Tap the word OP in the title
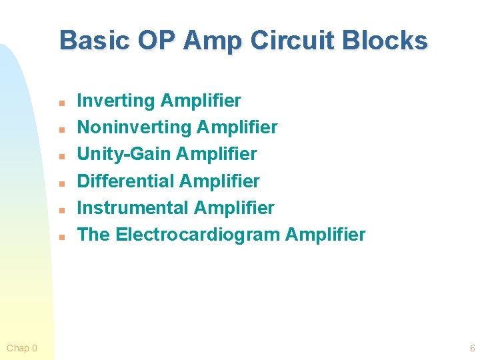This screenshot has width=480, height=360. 157,41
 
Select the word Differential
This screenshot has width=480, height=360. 126,181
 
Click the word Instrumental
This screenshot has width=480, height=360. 133,208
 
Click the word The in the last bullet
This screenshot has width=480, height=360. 94,235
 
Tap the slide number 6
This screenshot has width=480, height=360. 472,348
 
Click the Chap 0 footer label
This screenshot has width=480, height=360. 22,348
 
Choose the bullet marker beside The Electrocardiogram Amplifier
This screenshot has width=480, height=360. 61,237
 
